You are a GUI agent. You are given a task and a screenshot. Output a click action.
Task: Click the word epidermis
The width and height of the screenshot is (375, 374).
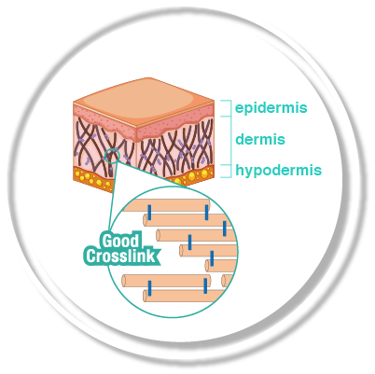(271, 108)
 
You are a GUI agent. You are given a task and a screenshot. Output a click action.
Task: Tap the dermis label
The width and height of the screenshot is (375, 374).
(260, 139)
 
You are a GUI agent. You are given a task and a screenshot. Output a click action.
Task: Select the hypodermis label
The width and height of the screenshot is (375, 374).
(278, 171)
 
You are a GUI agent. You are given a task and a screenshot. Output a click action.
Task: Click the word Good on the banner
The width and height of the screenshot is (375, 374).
(120, 241)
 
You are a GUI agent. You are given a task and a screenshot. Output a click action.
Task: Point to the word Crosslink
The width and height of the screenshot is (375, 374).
(121, 256)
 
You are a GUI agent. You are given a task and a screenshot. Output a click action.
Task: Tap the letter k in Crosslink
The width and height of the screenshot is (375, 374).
(151, 256)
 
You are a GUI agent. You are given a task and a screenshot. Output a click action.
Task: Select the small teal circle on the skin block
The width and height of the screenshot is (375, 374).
(112, 156)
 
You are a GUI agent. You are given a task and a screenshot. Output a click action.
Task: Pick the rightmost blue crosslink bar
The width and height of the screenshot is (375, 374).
(225, 229)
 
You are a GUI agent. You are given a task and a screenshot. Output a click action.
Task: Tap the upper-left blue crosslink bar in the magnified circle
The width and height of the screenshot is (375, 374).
(149, 213)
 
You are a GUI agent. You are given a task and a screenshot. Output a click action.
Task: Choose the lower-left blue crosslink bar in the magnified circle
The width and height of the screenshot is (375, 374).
(149, 288)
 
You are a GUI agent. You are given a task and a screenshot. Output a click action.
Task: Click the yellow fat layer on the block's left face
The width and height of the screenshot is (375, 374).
(92, 178)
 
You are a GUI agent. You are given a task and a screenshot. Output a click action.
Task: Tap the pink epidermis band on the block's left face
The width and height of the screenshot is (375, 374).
(104, 119)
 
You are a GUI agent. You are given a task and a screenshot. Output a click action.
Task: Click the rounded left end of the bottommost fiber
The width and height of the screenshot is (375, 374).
(145, 296)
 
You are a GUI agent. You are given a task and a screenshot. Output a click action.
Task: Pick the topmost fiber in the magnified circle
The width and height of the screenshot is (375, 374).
(167, 205)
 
